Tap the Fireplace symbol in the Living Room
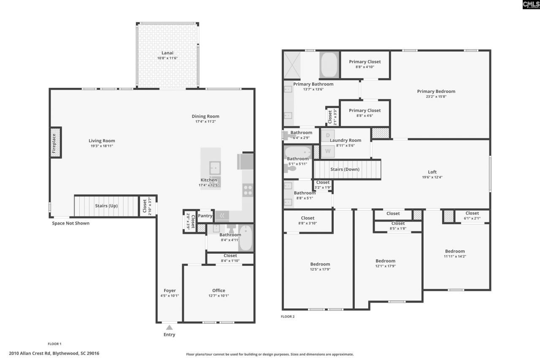click(x=55, y=143)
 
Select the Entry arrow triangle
click(x=169, y=328)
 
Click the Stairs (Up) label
click(x=106, y=206)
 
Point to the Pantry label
click(x=205, y=216)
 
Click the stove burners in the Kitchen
click(x=248, y=190)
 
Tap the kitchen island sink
click(x=215, y=168)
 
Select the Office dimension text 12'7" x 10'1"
click(x=219, y=296)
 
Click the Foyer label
click(x=170, y=290)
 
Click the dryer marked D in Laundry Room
click(x=328, y=135)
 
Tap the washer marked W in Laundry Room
click(x=328, y=151)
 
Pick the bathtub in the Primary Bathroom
click(x=329, y=65)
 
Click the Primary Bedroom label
click(x=436, y=92)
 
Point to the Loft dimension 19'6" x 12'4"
click(x=432, y=177)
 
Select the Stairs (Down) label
click(x=345, y=169)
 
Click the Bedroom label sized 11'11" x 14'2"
click(x=454, y=252)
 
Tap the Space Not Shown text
click(x=70, y=223)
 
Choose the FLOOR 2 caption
click(x=288, y=316)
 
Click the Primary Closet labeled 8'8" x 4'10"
click(x=364, y=62)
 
